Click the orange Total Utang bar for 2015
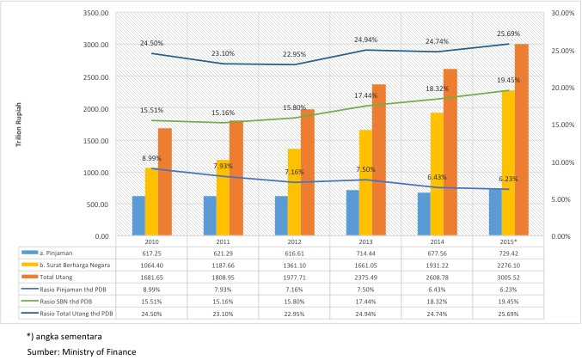pyautogui.click(x=522, y=139)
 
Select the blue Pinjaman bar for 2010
pyautogui.click(x=138, y=216)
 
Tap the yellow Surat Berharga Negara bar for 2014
pyautogui.click(x=437, y=174)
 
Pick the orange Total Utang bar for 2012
pyautogui.click(x=308, y=173)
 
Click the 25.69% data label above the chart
pyautogui.click(x=508, y=34)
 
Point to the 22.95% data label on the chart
pyautogui.click(x=294, y=54)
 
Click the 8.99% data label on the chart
pyautogui.click(x=151, y=158)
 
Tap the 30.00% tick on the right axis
pyautogui.click(x=563, y=13)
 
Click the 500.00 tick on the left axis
pyautogui.click(x=99, y=204)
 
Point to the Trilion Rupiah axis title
pyautogui.click(x=19, y=125)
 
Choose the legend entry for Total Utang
pyautogui.click(x=56, y=278)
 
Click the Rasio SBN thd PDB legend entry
pyautogui.click(x=65, y=302)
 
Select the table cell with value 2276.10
pyautogui.click(x=508, y=265)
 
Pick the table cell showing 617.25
pyautogui.click(x=151, y=253)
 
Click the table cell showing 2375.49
pyautogui.click(x=365, y=278)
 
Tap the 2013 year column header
pyautogui.click(x=365, y=241)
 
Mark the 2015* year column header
pyautogui.click(x=508, y=241)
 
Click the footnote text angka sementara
pyautogui.click(x=69, y=337)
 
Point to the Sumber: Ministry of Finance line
pyautogui.click(x=82, y=351)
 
